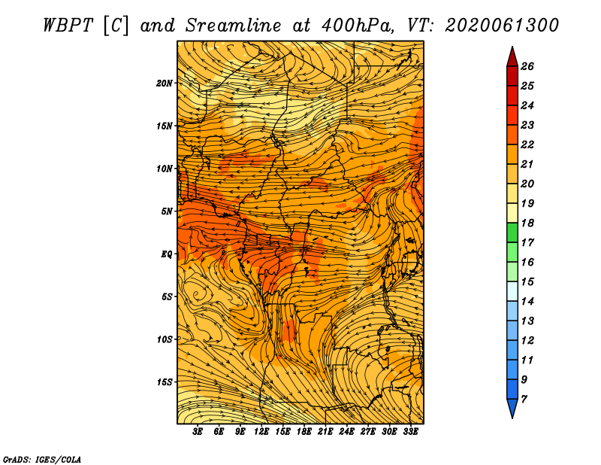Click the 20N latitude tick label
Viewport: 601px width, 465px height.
(x=164, y=84)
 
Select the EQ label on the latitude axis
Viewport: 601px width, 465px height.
(x=166, y=254)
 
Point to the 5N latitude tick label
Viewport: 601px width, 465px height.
(x=167, y=211)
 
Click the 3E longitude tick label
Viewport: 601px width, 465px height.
(x=198, y=432)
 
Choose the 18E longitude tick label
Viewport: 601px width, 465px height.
(x=304, y=432)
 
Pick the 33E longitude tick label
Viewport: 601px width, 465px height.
(x=410, y=432)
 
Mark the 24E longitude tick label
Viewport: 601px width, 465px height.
(x=346, y=432)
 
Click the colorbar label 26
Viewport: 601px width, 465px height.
(x=527, y=66)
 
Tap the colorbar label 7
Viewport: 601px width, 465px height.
(x=524, y=400)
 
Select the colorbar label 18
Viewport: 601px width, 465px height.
(x=527, y=223)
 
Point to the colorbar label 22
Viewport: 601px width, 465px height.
(x=527, y=144)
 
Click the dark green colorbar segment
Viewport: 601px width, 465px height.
(x=512, y=232)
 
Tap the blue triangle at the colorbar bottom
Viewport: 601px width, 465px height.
(x=512, y=407)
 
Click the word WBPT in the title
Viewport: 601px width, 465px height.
(x=68, y=26)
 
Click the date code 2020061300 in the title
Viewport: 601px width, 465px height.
(x=502, y=26)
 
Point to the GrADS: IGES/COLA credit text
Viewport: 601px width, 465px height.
(x=42, y=459)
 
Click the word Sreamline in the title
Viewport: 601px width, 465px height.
(x=234, y=26)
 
